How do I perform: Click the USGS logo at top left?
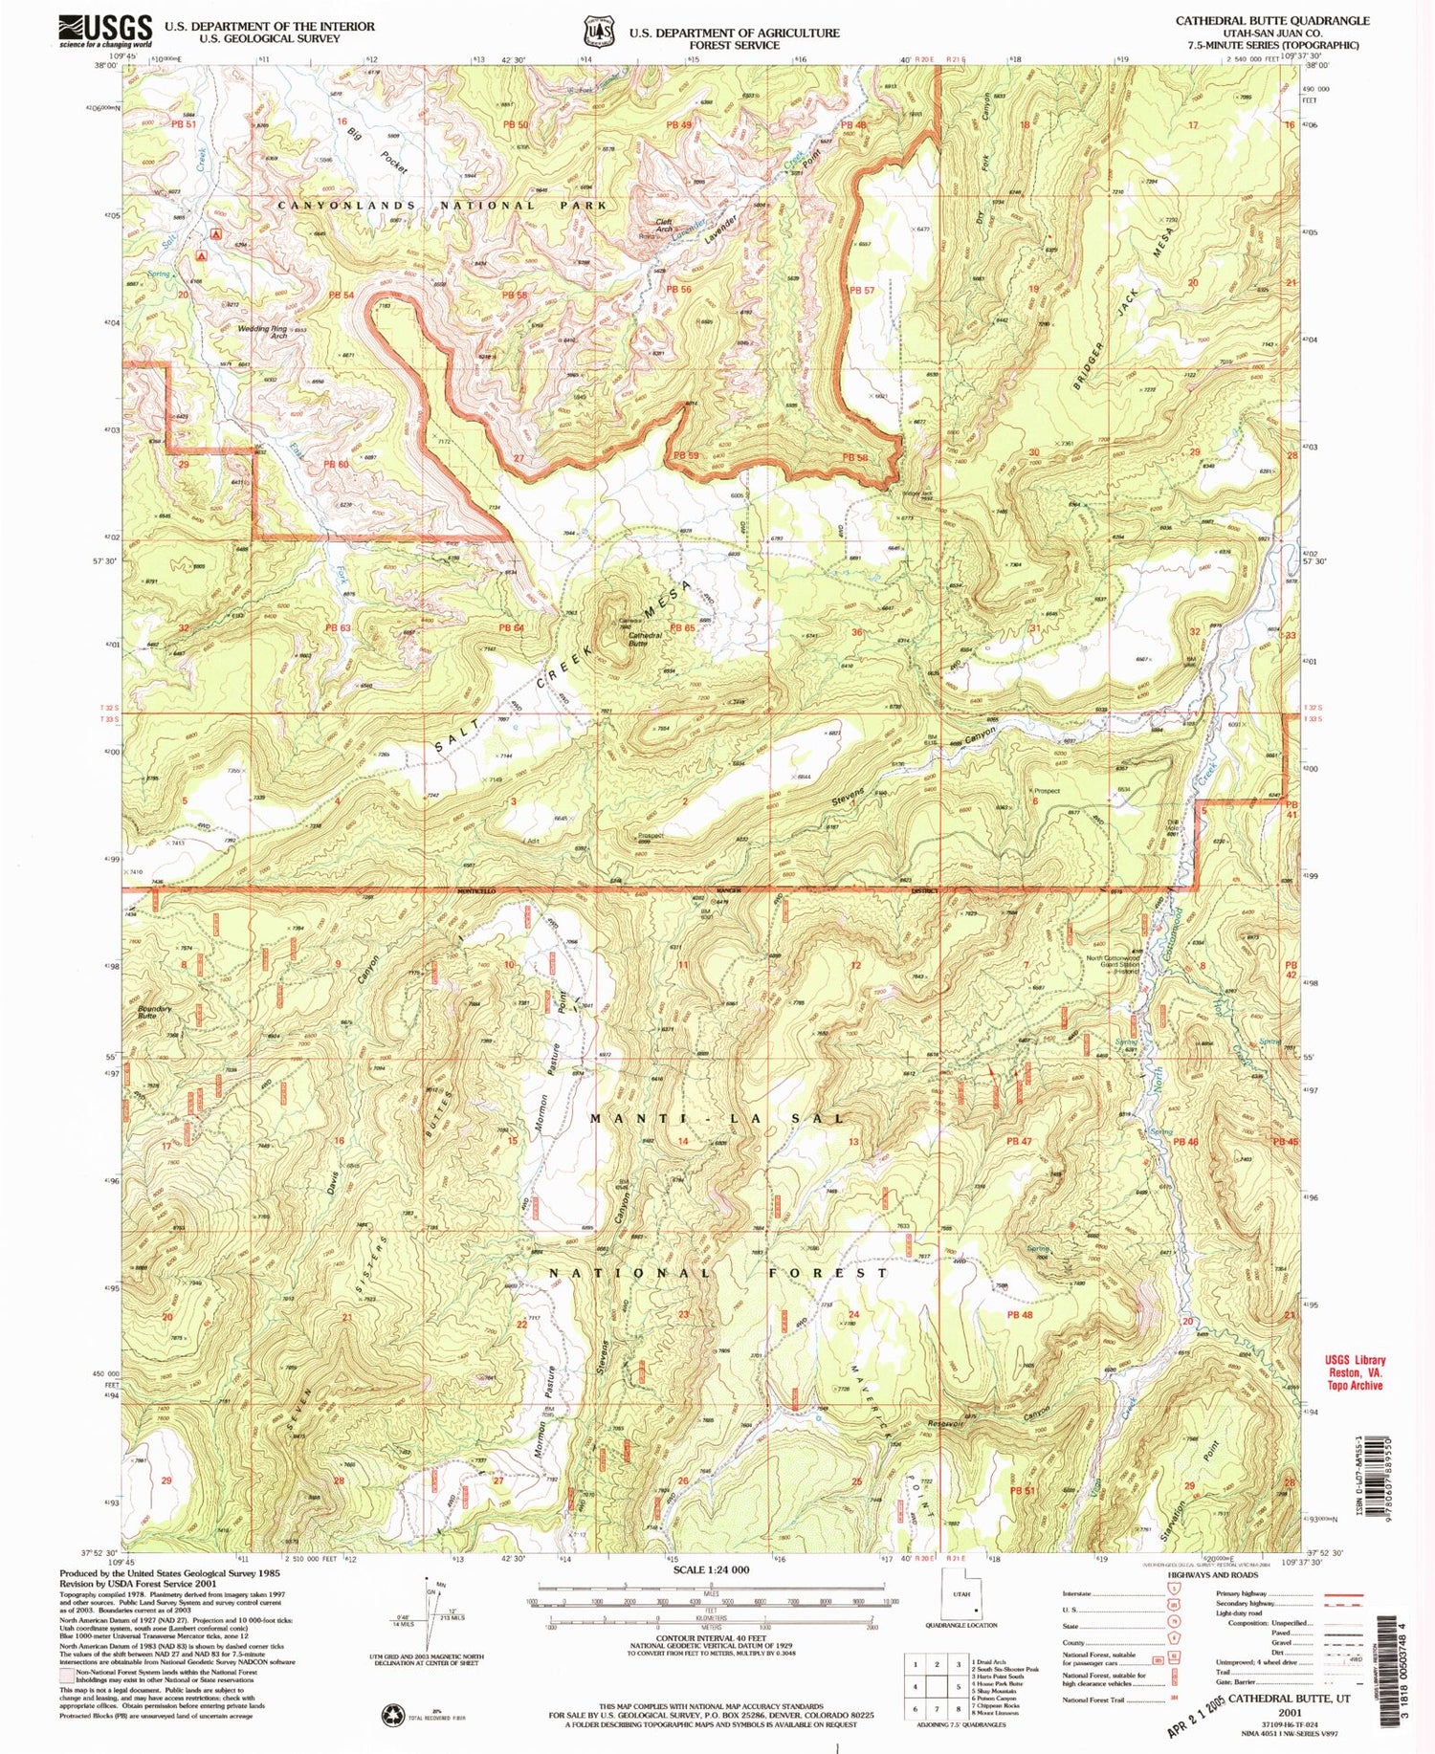[105, 31]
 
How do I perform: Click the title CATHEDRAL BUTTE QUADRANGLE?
[1271, 20]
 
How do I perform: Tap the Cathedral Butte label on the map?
[646, 639]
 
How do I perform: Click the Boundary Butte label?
[152, 1011]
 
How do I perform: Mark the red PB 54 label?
[342, 295]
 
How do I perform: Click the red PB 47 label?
[1019, 1141]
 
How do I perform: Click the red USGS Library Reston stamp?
[1355, 1372]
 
